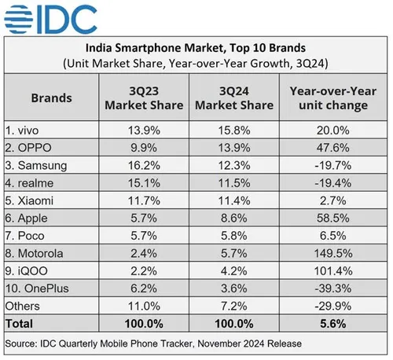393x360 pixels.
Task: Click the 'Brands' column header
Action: click(51, 98)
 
